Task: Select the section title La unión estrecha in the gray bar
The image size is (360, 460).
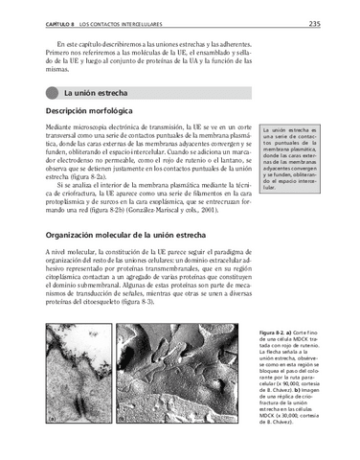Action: pos(95,96)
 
